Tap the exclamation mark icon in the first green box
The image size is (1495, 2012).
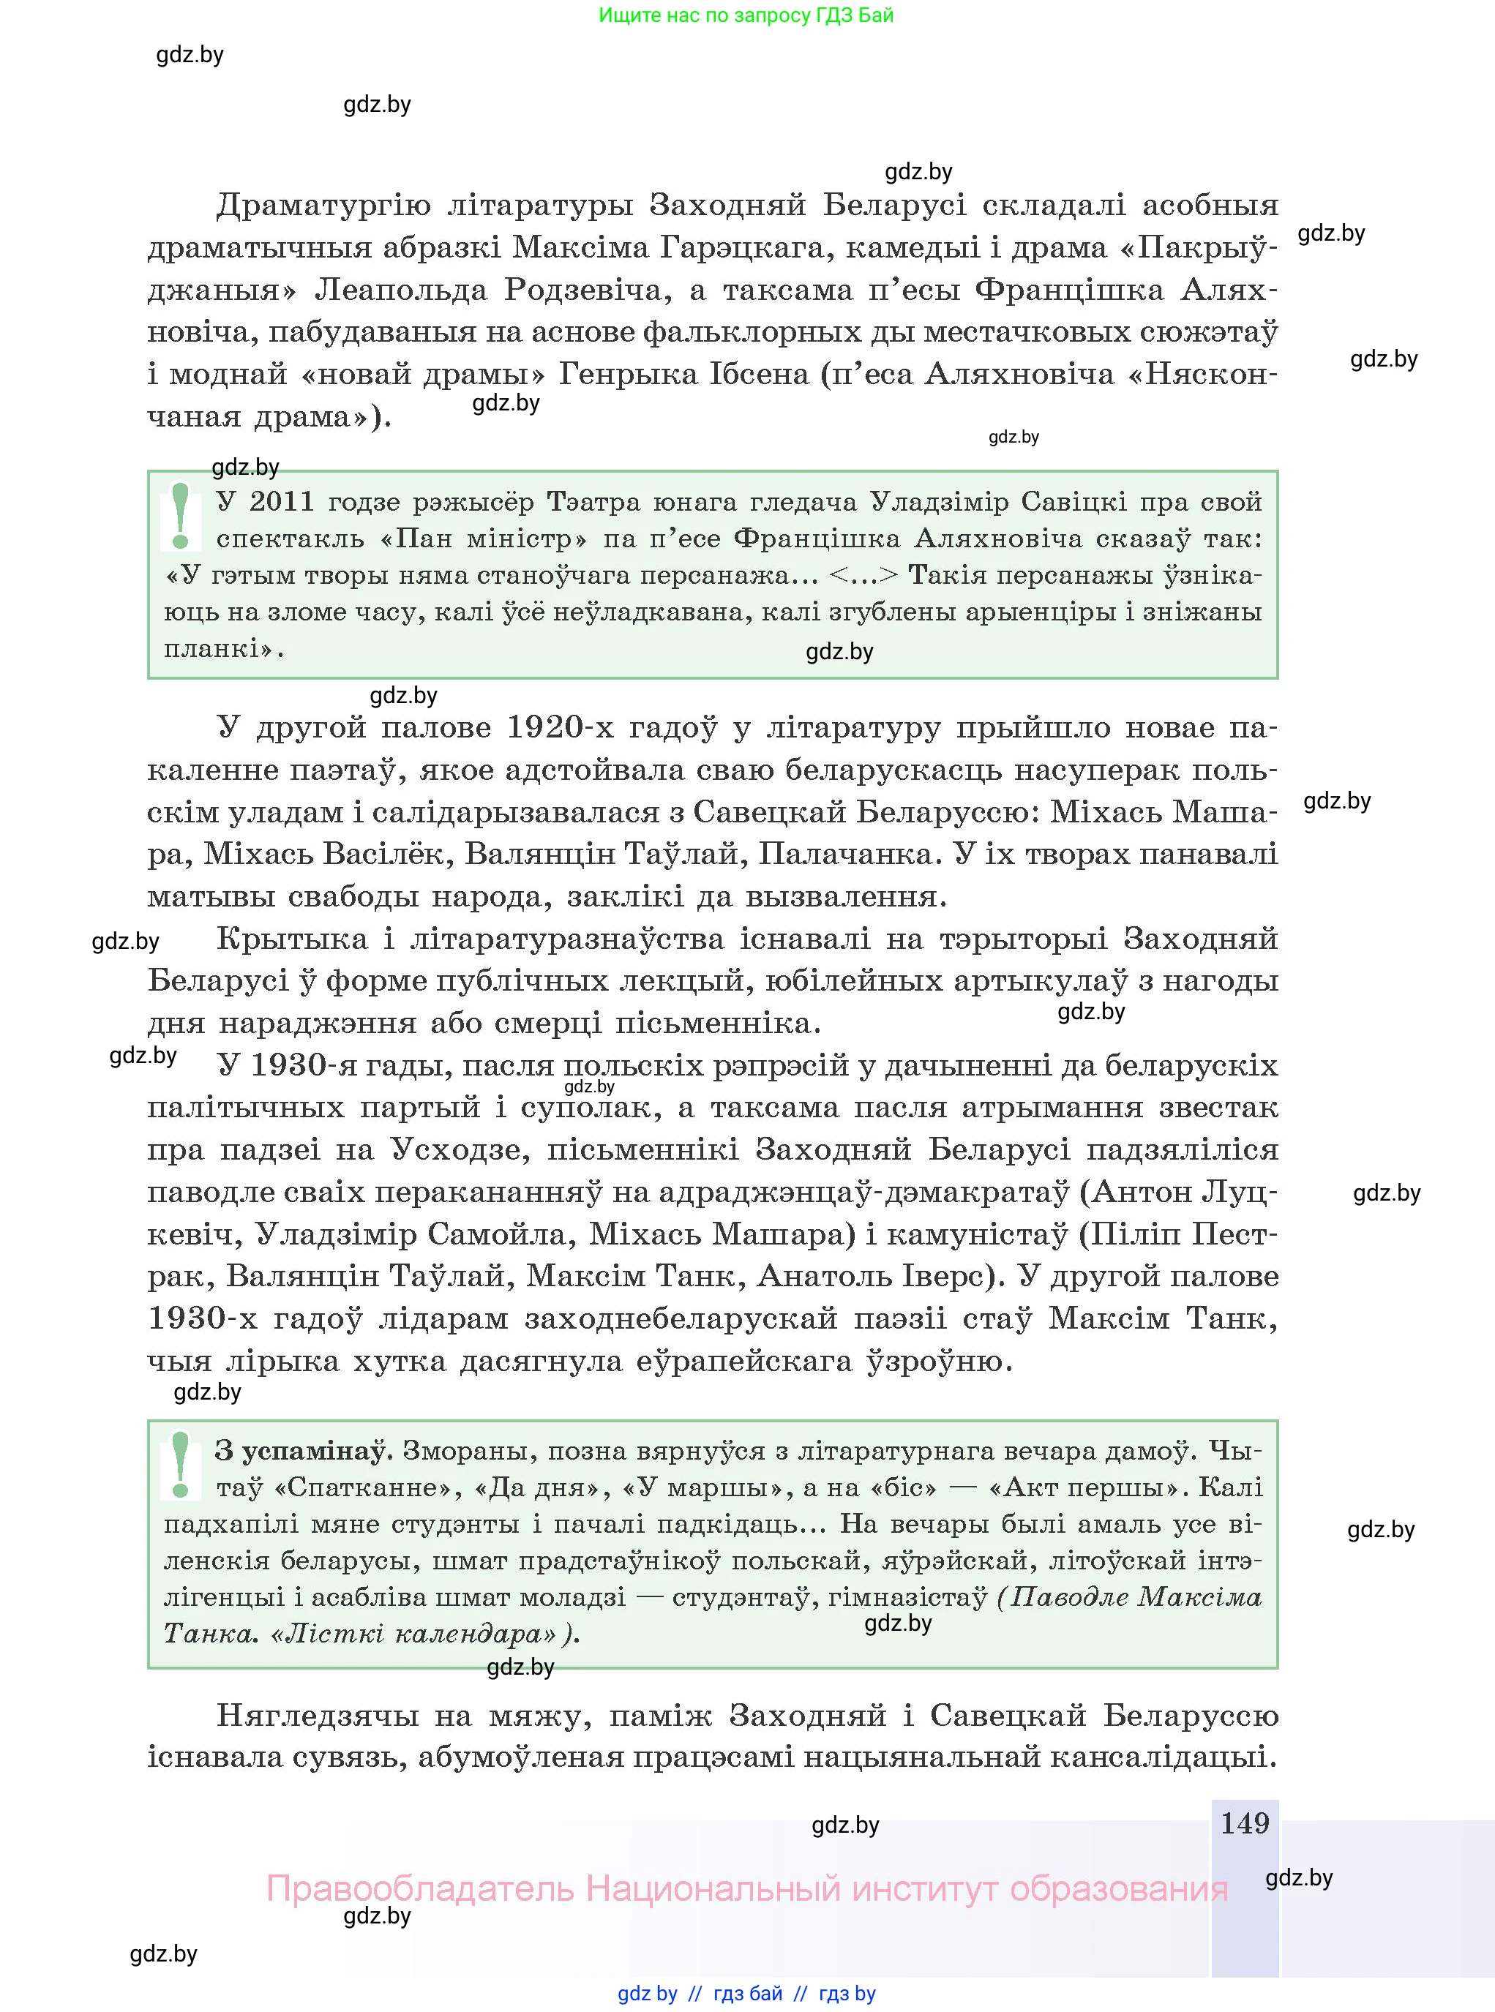coord(180,516)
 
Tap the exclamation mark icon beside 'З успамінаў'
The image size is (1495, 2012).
coord(180,1465)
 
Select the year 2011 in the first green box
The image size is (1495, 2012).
coord(282,501)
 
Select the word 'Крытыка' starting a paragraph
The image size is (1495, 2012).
coord(291,938)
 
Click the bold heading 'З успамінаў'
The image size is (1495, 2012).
coord(301,1450)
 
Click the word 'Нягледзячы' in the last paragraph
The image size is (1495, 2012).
coord(316,1715)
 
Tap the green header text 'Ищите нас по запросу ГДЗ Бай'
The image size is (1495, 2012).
coord(746,15)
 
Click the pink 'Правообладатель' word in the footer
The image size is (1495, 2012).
coord(420,1888)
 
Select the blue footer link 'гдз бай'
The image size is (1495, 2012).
coord(748,1993)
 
